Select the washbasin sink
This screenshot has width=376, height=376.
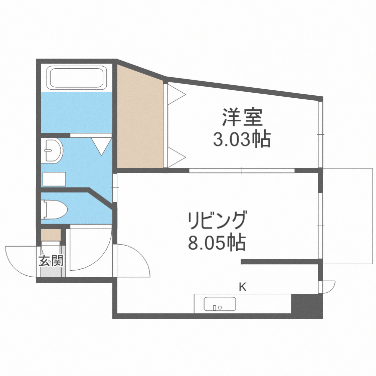coord(52,150)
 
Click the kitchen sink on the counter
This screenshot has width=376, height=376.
coord(220,304)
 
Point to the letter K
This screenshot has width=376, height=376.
coord(242,287)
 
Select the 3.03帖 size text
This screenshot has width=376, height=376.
coord(242,139)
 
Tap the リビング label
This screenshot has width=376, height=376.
coord(217,221)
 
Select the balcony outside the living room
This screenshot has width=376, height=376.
coord(347,216)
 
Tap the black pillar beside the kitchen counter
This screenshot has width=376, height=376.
coord(307,305)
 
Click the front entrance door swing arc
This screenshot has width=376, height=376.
coord(20,258)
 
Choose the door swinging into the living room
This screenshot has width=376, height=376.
coord(133,261)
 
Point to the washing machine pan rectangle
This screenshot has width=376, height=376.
coord(54,179)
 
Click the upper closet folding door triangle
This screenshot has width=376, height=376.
coord(175,94)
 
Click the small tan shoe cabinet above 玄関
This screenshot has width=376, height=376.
coord(50,235)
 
